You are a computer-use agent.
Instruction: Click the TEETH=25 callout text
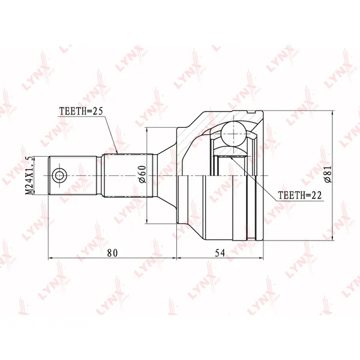[81, 111]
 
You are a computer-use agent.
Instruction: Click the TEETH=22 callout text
[300, 195]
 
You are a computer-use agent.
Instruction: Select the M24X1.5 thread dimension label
[29, 176]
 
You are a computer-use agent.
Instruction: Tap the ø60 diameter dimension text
[142, 174]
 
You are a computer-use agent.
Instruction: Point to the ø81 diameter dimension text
[328, 174]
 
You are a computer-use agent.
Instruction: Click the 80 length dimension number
[112, 253]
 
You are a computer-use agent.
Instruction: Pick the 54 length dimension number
[220, 253]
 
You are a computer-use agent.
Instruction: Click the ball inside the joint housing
[233, 134]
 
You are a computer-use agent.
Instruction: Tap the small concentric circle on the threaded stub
[59, 176]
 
